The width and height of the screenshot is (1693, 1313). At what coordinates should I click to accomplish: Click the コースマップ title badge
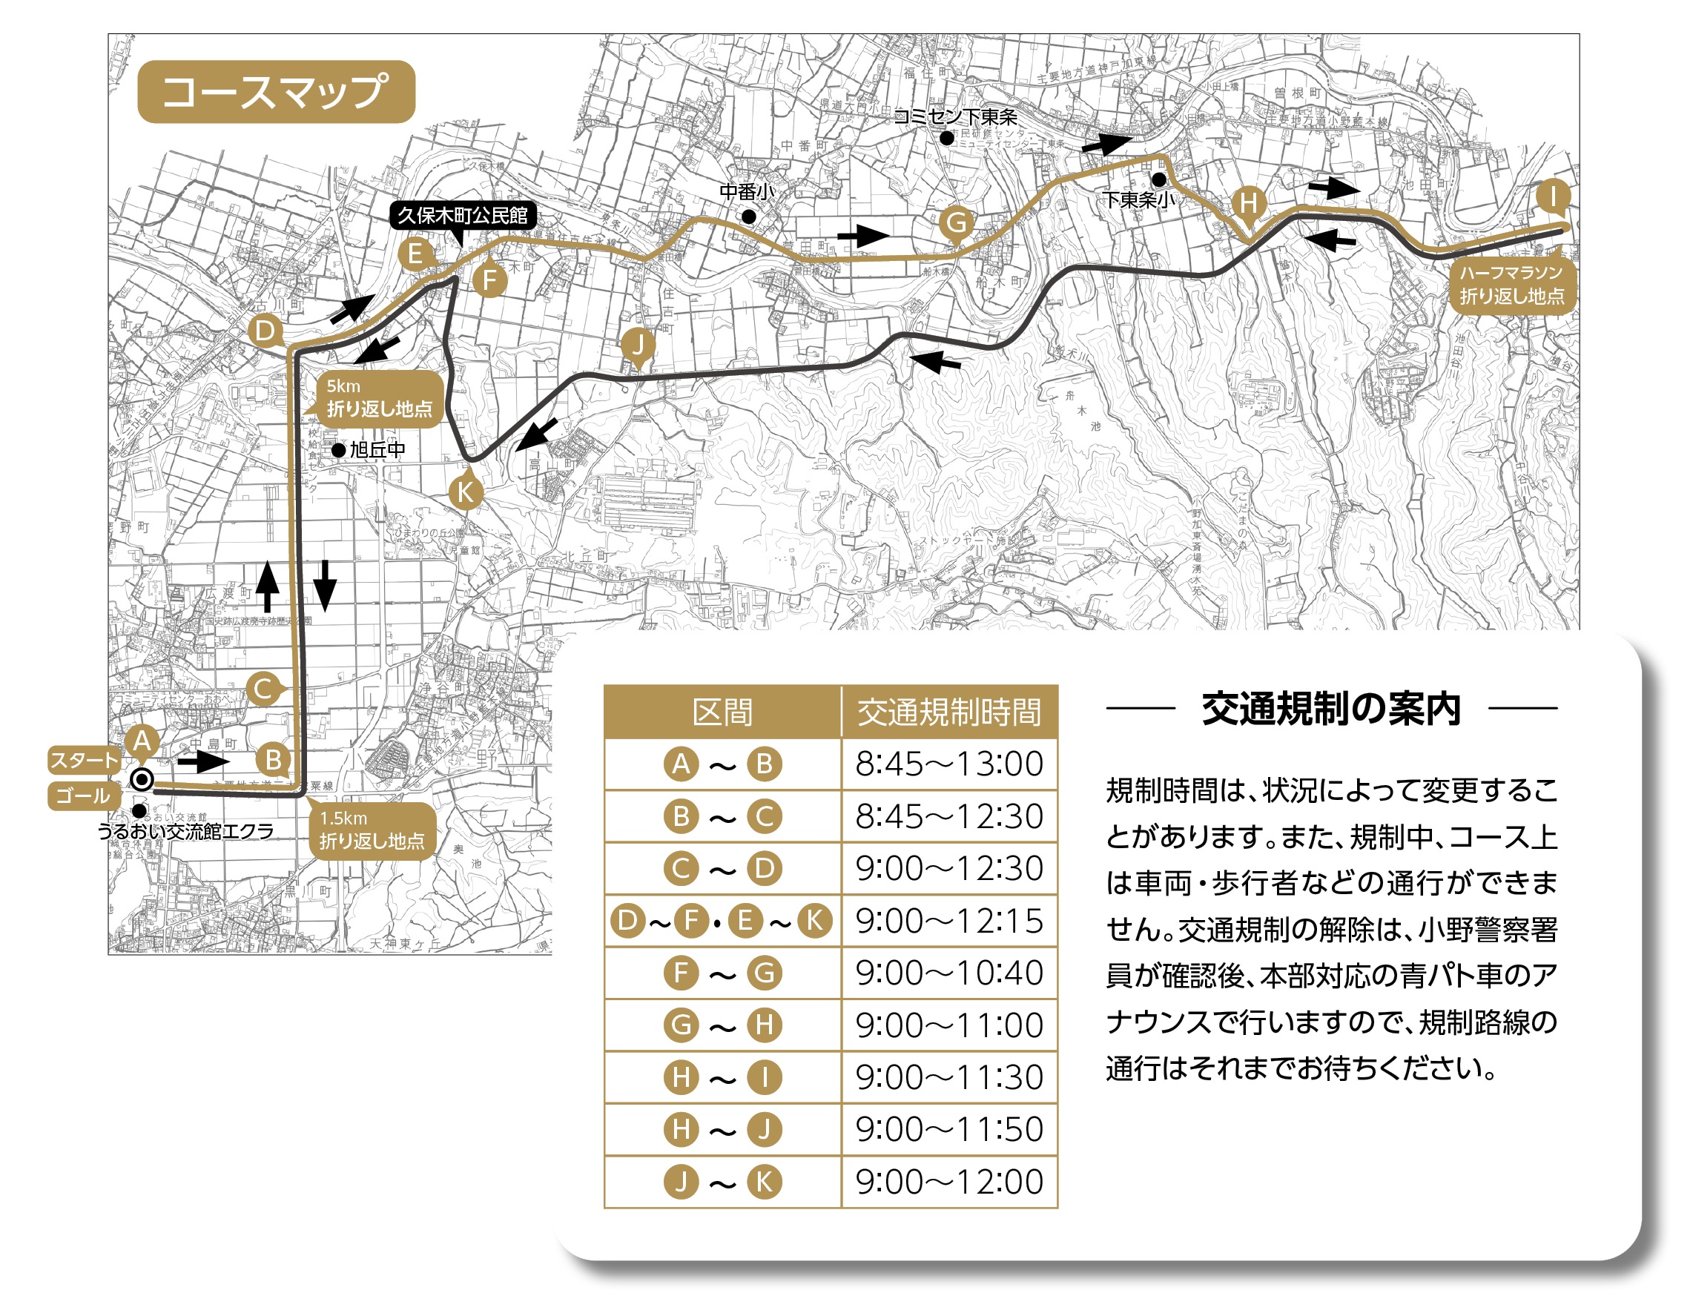[x=276, y=91]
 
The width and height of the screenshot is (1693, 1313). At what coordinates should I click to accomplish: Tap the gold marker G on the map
[x=956, y=222]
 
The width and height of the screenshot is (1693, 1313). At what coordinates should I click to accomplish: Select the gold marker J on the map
[x=637, y=343]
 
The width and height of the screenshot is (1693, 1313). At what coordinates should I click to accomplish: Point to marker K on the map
[x=465, y=492]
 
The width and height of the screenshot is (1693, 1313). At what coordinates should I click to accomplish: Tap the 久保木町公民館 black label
[x=462, y=215]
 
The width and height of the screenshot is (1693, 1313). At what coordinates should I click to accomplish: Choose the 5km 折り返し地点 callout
[x=379, y=397]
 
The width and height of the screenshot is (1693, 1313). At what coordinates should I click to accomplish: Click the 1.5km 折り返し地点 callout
[x=372, y=830]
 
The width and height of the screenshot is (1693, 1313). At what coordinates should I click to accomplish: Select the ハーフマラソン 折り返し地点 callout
[x=1511, y=285]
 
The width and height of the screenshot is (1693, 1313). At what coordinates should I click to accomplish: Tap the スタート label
[x=84, y=761]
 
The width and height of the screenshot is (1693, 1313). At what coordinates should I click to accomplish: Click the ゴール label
[x=84, y=796]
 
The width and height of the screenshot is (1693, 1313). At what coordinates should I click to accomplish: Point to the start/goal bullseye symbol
[x=142, y=779]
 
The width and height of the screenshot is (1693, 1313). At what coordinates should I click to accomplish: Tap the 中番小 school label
[x=747, y=191]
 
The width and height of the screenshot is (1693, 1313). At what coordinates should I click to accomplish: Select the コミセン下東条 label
[x=955, y=117]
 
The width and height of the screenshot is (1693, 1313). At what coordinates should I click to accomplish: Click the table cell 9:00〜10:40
[x=948, y=973]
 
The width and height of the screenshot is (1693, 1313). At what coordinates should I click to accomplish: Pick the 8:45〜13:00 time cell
[x=948, y=764]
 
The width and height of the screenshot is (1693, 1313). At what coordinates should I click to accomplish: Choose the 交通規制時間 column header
[x=948, y=712]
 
